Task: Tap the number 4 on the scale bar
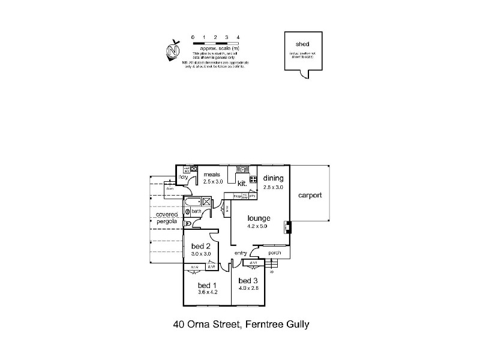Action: click(238, 37)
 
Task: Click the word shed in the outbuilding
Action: click(302, 44)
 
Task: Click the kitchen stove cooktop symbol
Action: click(254, 179)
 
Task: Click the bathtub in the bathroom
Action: click(193, 201)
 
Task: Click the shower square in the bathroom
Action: click(208, 202)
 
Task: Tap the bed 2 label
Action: click(200, 246)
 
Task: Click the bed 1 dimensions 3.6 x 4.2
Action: click(207, 292)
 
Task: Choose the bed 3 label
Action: click(248, 280)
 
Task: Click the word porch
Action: click(274, 253)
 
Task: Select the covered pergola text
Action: click(167, 218)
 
